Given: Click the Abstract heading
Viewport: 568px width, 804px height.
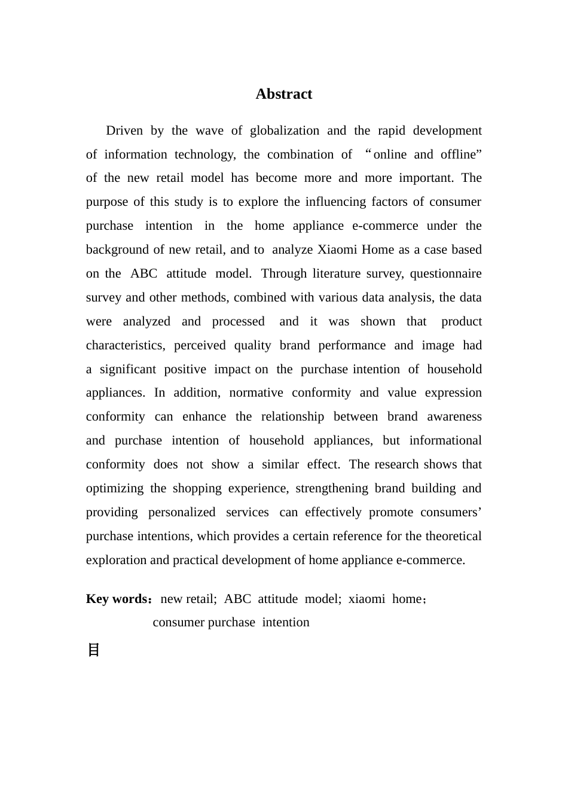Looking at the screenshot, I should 283,94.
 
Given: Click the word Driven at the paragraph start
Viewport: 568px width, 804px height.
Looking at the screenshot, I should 124,130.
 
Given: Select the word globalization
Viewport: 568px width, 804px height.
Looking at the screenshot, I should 284,130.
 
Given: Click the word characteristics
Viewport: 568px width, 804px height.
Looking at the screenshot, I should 125,345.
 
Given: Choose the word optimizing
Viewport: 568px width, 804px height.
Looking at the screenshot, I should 115,488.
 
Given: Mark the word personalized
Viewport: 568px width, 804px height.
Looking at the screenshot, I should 182,512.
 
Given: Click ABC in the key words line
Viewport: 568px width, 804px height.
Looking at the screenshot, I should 237,599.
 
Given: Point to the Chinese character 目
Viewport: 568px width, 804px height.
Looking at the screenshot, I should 93,650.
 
